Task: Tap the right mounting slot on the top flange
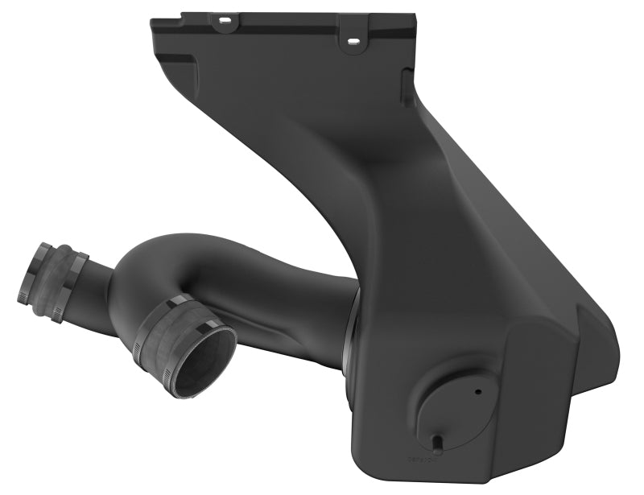coord(353,38)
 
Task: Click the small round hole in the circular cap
coord(477,392)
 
